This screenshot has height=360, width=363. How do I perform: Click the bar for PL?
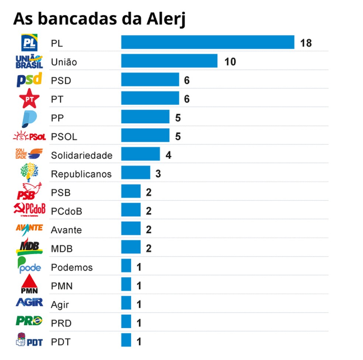(207, 42)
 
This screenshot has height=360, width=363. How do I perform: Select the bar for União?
(169, 61)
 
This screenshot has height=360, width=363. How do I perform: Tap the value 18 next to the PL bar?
(306, 43)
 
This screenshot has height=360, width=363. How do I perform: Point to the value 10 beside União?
(230, 62)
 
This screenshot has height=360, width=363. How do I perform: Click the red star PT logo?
(29, 99)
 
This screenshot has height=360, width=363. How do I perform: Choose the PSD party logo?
(29, 80)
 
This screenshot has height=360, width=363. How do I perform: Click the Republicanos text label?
(81, 174)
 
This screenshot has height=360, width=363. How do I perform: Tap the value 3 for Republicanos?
(158, 174)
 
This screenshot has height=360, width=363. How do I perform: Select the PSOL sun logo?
(29, 136)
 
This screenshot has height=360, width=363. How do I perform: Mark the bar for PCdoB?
(131, 210)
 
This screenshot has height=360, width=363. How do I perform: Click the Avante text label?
(66, 230)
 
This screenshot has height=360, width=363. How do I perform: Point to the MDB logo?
(29, 247)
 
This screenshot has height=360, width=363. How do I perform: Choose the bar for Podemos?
(126, 266)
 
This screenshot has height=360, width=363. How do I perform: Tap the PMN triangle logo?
(29, 285)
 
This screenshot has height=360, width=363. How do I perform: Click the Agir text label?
(60, 305)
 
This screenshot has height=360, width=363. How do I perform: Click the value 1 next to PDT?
(139, 342)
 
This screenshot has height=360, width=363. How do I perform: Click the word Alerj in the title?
(165, 19)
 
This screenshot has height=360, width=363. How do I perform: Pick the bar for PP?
(145, 117)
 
